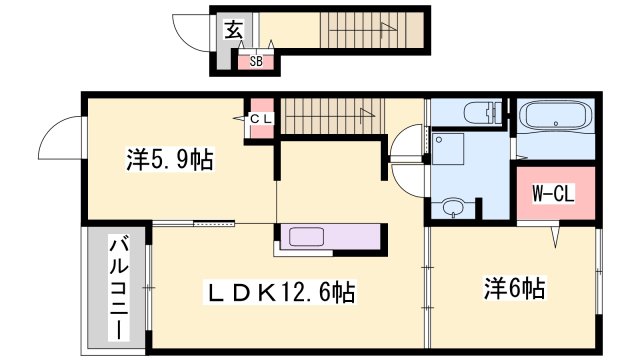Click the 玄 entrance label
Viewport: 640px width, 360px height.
232,31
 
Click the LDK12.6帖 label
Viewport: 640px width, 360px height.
281,293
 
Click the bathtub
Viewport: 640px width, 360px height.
558,119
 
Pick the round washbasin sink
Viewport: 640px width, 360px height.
453,208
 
